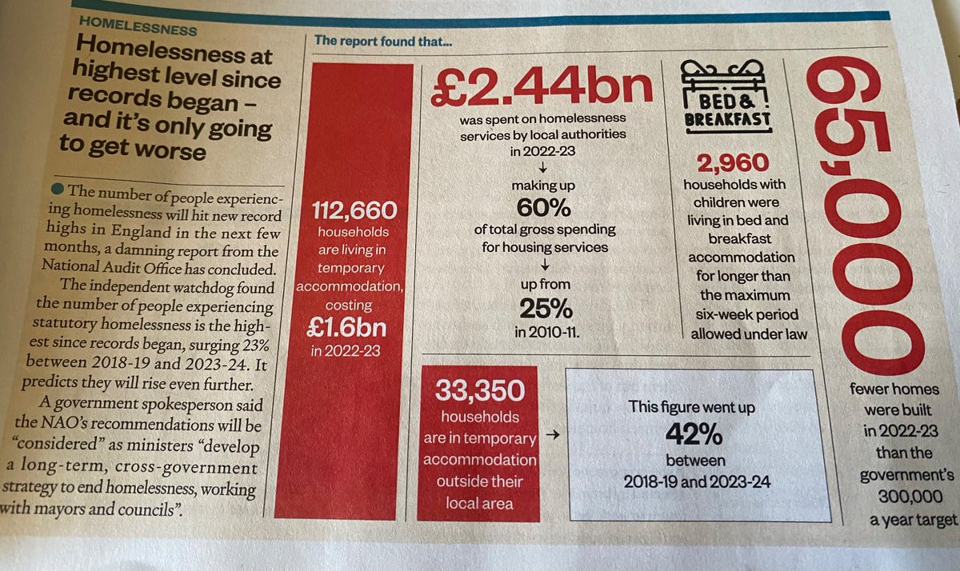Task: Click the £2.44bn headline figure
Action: (x=542, y=87)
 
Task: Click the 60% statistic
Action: (x=543, y=208)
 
